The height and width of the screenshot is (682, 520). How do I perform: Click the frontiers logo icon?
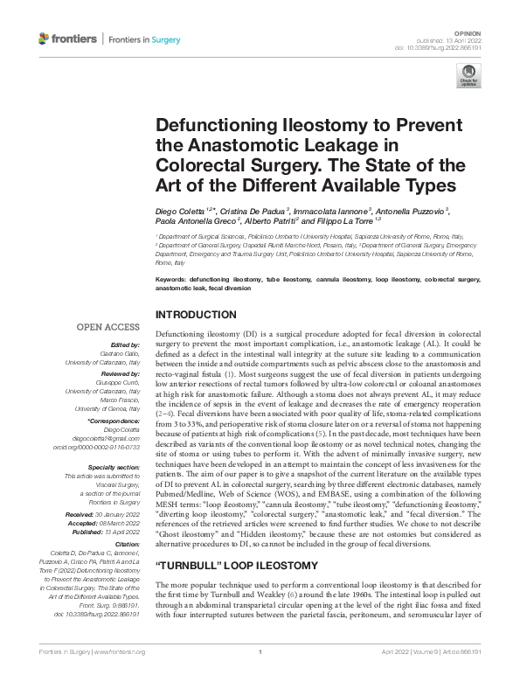pyautogui.click(x=44, y=39)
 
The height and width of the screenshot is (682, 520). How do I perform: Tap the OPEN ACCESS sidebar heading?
pyautogui.click(x=108, y=327)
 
